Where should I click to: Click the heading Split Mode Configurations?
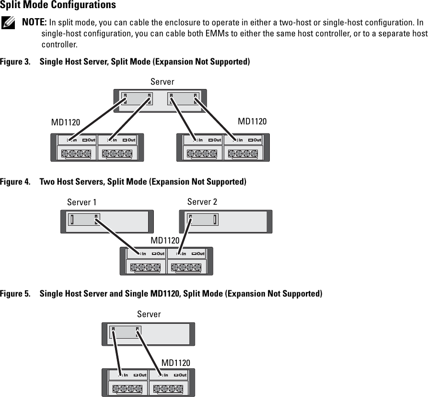[x=58, y=6]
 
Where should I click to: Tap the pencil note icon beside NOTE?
[x=8, y=23]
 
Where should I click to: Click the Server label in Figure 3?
[x=162, y=82]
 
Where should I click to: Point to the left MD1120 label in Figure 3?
[x=66, y=122]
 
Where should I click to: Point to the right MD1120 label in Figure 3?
[x=252, y=121]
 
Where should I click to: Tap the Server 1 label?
[x=81, y=202]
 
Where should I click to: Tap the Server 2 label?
[x=202, y=202]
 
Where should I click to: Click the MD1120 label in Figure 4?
[x=165, y=240]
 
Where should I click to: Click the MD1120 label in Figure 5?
[x=175, y=363]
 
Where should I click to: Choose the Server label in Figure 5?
[x=149, y=314]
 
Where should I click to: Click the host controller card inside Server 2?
[x=203, y=220]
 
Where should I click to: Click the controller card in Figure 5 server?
[x=125, y=332]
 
